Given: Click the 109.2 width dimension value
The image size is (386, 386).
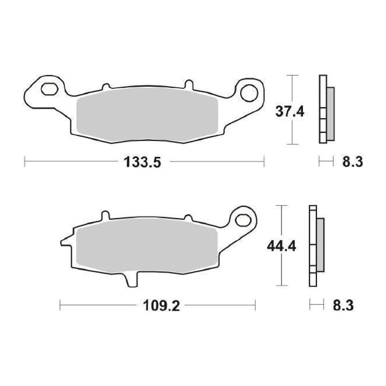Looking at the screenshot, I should (x=161, y=306).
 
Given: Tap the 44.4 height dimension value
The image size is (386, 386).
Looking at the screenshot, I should (x=281, y=246).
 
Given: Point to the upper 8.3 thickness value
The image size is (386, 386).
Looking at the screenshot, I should (x=353, y=162).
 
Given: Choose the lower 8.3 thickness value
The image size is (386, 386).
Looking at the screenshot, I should (x=343, y=306).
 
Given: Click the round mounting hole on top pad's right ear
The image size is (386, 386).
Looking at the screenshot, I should (x=249, y=93).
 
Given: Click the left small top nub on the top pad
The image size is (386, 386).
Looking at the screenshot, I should (x=106, y=87).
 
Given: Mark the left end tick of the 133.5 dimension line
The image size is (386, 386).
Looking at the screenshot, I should (x=25, y=162).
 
